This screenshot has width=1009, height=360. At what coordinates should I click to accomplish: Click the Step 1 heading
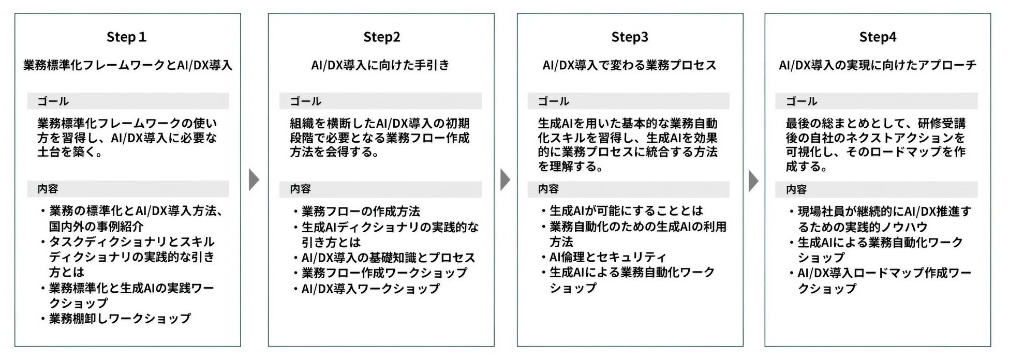127,37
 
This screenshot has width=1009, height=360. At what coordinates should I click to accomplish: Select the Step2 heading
381,37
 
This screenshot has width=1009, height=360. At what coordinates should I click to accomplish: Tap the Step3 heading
629,37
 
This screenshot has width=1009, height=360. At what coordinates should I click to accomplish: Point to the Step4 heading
878,37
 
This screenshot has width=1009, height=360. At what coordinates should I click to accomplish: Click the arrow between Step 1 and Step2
254,180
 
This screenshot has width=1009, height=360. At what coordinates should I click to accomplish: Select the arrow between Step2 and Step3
505,180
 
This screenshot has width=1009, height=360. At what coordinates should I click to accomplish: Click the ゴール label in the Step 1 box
53,101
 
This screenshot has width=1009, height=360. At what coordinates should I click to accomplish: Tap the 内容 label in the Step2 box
300,189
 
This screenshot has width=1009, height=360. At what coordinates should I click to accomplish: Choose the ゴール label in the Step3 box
553,101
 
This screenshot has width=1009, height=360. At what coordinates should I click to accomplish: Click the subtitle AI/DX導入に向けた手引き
380,65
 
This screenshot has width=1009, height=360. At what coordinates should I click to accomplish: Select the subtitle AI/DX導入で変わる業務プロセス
629,65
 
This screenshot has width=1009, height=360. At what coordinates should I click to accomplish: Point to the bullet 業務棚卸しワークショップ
120,319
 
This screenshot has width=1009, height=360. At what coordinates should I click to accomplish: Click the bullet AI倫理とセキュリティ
607,257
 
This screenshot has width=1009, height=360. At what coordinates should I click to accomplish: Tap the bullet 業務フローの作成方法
360,212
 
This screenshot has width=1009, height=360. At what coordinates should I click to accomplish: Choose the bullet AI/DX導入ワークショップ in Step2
370,289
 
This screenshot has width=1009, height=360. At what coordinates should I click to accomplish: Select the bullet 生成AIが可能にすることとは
626,211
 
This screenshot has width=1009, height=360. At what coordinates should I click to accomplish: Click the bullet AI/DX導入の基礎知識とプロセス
388,258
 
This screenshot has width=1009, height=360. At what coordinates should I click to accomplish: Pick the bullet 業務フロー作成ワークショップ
384,273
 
